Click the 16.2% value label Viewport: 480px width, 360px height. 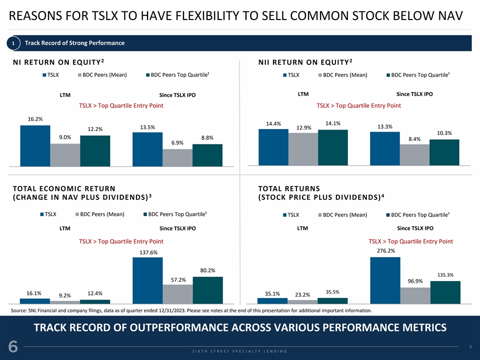pos(35,119)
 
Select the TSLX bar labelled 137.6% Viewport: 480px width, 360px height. pos(147,280)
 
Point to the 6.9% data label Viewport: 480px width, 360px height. pos(177,143)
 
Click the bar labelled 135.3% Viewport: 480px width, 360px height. pos(445,292)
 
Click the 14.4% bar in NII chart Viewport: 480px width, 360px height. pos(273,147)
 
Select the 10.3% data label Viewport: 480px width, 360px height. pos(444,133)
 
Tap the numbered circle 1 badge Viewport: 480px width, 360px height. pos(13,43)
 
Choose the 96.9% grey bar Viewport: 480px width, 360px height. pos(415,295)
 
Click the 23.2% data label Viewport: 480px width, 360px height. pos(302,294)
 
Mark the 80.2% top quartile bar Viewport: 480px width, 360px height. pos(207,290)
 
